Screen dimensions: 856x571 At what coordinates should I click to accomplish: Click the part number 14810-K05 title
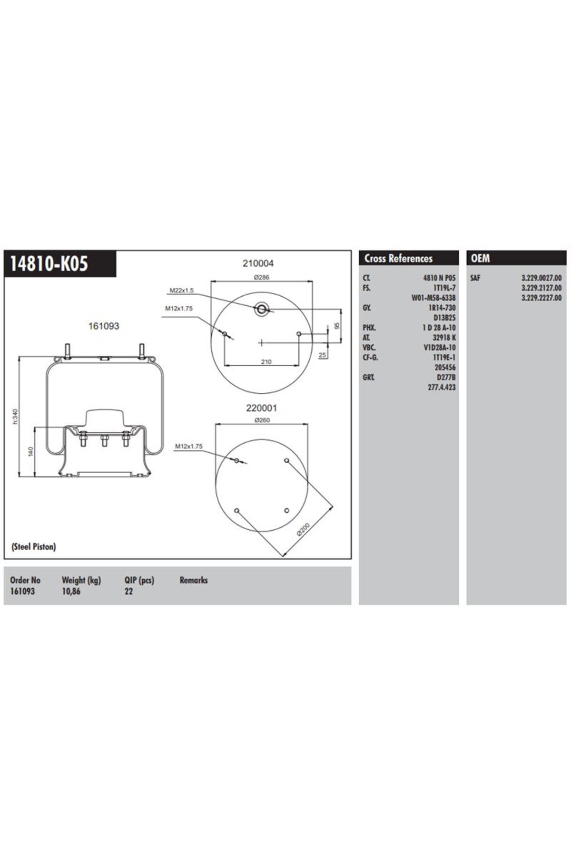tap(49, 263)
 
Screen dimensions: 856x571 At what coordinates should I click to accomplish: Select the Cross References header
tap(398, 258)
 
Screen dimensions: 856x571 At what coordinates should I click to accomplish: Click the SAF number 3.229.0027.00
tap(541, 278)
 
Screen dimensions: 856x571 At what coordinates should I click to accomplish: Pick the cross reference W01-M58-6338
tap(433, 298)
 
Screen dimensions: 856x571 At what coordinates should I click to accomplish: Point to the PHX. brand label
tap(369, 328)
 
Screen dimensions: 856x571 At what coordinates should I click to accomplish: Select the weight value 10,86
tap(71, 591)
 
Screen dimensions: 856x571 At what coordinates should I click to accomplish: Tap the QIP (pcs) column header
tap(139, 580)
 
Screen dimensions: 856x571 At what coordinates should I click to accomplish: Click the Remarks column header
tap(194, 580)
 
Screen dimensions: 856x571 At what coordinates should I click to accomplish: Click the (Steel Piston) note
tap(33, 546)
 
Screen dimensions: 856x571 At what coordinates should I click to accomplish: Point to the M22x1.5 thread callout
tap(182, 290)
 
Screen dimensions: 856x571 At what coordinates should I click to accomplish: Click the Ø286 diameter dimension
tap(261, 277)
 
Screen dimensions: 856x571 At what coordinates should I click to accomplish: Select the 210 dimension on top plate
tap(266, 362)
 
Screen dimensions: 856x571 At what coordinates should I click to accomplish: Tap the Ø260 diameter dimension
tap(262, 420)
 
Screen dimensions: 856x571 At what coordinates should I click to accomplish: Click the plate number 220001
tap(261, 408)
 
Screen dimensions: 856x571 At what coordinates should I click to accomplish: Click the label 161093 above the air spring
tap(104, 326)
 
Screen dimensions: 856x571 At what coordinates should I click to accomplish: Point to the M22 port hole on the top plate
tap(261, 310)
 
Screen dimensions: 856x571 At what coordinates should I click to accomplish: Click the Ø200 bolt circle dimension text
tap(303, 529)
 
